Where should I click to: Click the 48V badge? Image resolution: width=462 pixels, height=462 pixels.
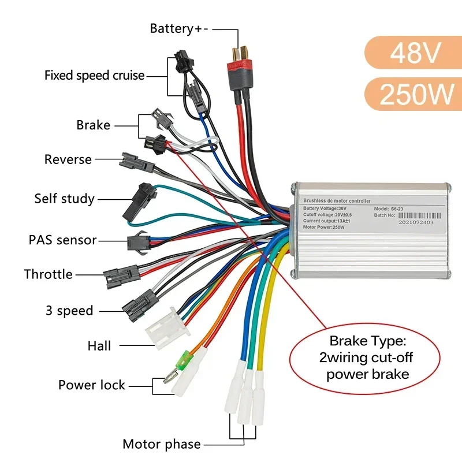pyautogui.click(x=415, y=54)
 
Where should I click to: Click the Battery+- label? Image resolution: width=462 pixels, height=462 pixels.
pyautogui.click(x=179, y=28)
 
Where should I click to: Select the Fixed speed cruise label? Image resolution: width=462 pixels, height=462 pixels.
pyautogui.click(x=95, y=76)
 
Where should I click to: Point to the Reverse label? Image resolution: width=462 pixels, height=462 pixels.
pyautogui.click(x=68, y=159)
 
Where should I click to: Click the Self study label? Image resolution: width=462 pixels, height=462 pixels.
pyautogui.click(x=64, y=199)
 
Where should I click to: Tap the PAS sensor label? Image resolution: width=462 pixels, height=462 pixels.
pyautogui.click(x=62, y=240)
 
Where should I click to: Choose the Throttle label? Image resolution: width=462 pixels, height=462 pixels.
pyautogui.click(x=49, y=274)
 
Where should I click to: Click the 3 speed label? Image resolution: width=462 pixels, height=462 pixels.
pyautogui.click(x=69, y=311)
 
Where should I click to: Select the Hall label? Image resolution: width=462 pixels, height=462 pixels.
pyautogui.click(x=99, y=346)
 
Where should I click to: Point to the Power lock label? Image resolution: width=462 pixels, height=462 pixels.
pyautogui.click(x=92, y=385)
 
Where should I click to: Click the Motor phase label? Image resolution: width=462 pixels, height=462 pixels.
pyautogui.click(x=162, y=444)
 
